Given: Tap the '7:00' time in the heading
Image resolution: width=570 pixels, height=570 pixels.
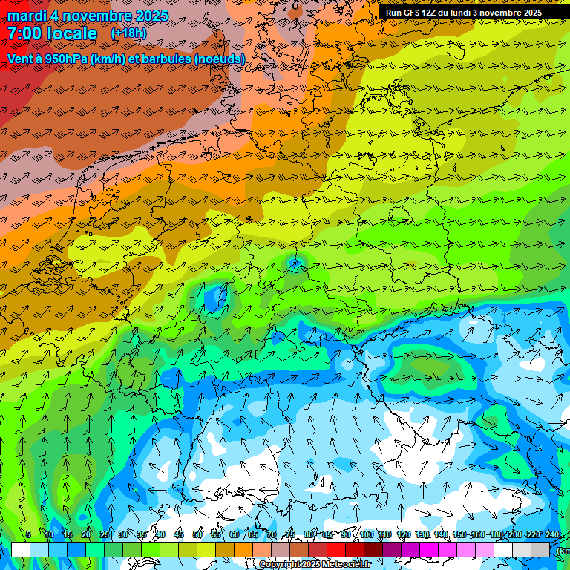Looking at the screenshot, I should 24,33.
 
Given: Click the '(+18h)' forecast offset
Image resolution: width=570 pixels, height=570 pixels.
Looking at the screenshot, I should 128,33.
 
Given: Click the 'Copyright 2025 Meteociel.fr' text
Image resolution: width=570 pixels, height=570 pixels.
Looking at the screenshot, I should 315,565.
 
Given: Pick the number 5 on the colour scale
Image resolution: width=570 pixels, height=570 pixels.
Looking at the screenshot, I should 28,534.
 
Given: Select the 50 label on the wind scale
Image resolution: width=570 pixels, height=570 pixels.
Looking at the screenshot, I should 197,534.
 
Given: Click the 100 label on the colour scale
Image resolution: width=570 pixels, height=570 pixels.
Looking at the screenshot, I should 367,534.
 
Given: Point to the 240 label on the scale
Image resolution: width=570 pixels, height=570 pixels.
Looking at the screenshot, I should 552,534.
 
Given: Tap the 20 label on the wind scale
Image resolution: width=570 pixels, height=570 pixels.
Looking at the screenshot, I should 86,534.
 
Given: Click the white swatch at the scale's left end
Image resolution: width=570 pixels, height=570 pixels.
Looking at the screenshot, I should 21,549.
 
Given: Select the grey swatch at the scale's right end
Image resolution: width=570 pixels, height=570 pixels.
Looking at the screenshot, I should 540,549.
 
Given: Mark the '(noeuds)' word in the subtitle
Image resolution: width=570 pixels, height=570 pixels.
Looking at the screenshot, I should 220,58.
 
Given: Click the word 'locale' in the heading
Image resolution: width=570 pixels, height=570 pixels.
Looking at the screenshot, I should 71,33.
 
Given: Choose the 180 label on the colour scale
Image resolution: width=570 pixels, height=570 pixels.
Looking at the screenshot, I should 497,534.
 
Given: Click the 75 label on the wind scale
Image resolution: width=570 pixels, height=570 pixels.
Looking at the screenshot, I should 290,534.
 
